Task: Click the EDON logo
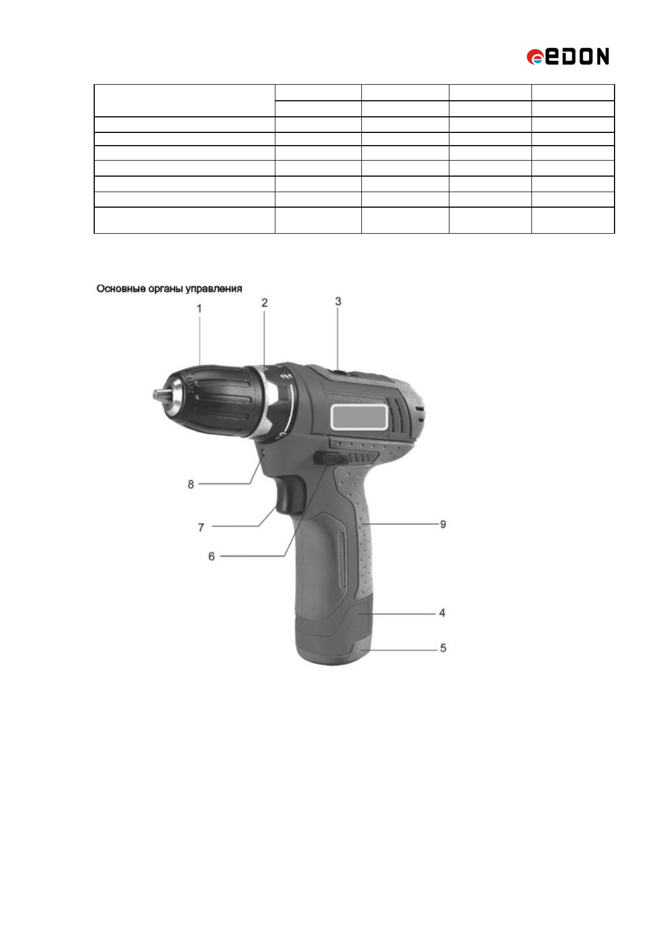[567, 56]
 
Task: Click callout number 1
[199, 308]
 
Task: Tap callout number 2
[264, 302]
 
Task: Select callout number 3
[338, 301]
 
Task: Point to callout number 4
[442, 612]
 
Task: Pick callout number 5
[443, 648]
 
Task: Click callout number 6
[212, 557]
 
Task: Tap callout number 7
[201, 528]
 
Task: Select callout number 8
[191, 485]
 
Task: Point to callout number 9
[443, 524]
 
